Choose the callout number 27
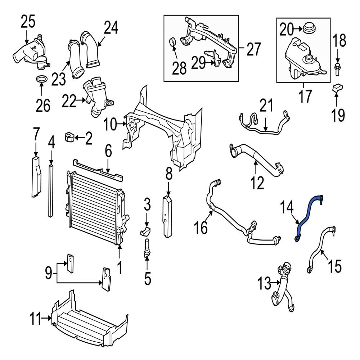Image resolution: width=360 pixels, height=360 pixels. pos(253,49)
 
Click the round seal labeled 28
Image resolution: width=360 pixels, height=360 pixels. pos(173,43)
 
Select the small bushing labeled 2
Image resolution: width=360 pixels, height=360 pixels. pos(69,137)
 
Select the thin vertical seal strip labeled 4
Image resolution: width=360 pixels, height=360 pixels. pos(51,191)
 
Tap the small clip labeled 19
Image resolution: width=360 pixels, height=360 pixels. pos(338,87)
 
